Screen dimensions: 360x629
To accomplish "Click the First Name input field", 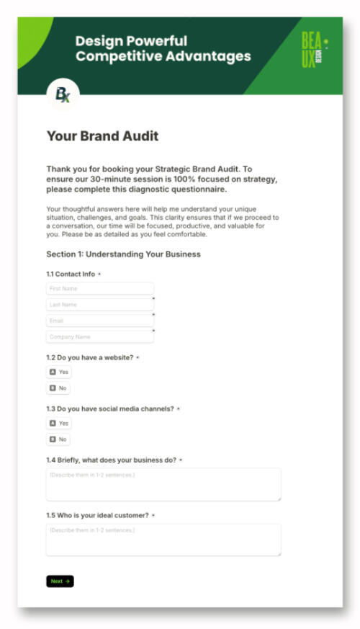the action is click(99, 289).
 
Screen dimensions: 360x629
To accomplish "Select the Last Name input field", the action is click(99, 305).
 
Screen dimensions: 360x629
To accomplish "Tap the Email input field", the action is click(99, 321).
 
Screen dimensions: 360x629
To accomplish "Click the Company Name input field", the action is click(99, 336).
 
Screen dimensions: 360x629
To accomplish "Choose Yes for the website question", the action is click(59, 373).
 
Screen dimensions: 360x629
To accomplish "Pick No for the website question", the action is click(58, 388).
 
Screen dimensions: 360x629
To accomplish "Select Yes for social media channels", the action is click(59, 424).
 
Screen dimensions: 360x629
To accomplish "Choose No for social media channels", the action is click(58, 440).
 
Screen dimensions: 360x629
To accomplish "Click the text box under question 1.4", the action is click(163, 484).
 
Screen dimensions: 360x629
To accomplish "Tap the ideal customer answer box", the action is click(163, 540).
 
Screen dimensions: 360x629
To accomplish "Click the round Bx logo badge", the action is click(63, 94).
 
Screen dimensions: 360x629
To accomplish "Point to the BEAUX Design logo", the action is click(314, 51).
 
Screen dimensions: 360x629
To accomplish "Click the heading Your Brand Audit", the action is click(102, 136).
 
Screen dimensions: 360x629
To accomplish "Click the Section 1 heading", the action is click(123, 254).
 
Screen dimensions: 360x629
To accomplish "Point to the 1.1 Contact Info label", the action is click(71, 274).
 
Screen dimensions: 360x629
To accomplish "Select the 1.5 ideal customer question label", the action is click(97, 515).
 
